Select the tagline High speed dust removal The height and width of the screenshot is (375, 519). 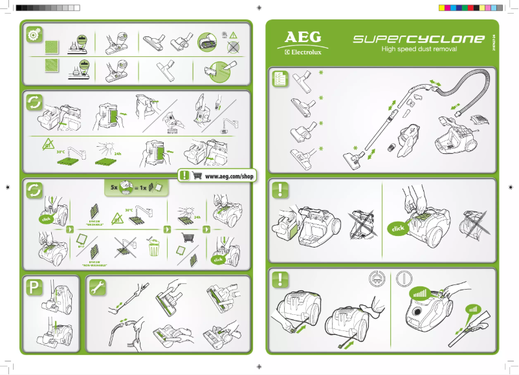click(419, 49)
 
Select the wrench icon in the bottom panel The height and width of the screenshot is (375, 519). click(96, 286)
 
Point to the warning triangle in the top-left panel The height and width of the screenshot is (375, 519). click(234, 34)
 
